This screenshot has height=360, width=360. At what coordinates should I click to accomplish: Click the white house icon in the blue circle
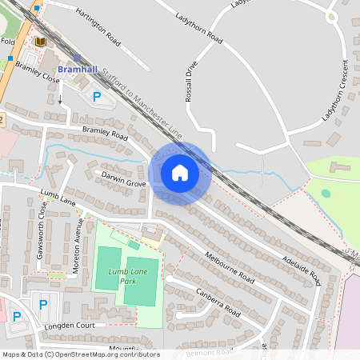coord(180,173)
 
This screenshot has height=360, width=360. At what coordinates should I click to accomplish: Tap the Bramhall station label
coord(78,70)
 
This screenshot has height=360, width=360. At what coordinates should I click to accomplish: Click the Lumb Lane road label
coord(57,197)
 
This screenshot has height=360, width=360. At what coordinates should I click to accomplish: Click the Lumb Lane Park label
coord(117,277)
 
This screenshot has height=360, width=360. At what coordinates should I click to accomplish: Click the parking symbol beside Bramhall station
coord(98,97)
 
